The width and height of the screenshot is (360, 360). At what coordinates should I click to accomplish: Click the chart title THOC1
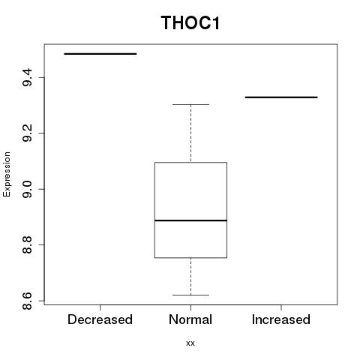click(190, 22)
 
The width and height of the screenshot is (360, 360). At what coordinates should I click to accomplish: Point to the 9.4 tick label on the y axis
click(27, 77)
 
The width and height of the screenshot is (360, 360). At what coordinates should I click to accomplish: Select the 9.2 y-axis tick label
click(27, 133)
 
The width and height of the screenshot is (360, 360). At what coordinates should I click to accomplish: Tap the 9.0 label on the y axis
click(27, 189)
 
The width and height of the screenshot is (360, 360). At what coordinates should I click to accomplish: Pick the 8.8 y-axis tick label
click(27, 244)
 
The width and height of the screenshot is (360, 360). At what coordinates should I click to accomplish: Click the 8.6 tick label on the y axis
click(27, 301)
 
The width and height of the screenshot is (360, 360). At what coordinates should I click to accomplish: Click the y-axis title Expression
click(7, 174)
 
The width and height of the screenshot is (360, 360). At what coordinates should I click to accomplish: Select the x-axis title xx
click(190, 343)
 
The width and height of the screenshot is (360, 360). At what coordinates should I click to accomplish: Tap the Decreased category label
click(100, 319)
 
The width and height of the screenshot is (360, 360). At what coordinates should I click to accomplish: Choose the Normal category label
click(190, 319)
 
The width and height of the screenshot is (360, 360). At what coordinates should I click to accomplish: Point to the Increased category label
click(281, 319)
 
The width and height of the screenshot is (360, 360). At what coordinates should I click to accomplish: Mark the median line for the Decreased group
click(100, 54)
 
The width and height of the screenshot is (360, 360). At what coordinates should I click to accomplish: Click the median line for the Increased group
click(281, 97)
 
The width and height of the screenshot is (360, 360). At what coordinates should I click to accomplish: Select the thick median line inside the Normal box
click(190, 220)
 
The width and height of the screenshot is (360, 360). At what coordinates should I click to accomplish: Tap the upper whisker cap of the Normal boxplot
click(190, 104)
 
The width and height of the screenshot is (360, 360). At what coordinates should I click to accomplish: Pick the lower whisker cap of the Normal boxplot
click(190, 295)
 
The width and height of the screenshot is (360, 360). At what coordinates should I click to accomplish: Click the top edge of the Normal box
click(190, 163)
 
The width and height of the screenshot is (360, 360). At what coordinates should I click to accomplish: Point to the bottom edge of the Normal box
click(190, 257)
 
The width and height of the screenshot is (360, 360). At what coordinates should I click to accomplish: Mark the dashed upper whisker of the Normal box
click(191, 133)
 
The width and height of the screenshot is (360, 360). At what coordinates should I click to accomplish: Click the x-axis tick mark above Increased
click(281, 307)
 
